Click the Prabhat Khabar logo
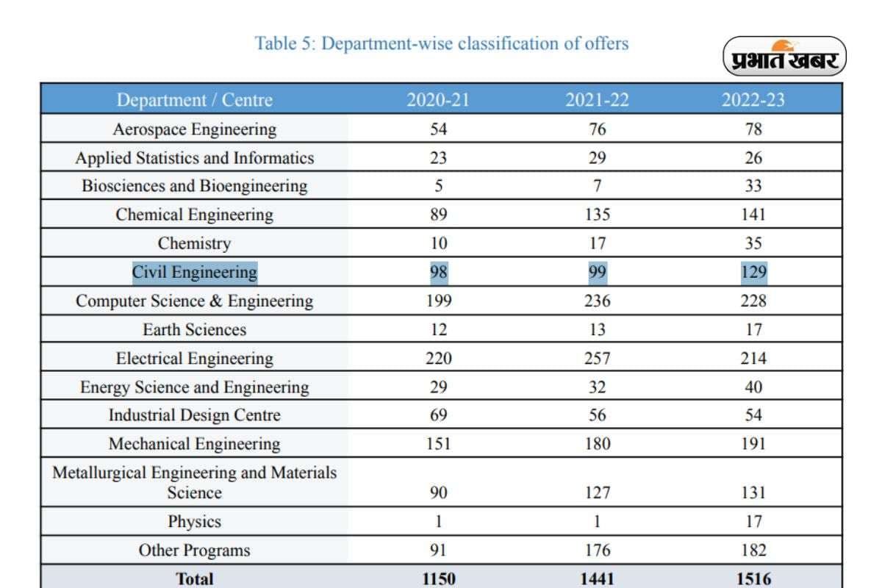pos(785,57)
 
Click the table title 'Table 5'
pos(441,43)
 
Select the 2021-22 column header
pos(597,100)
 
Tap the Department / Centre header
pos(194,100)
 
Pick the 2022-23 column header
pos(753,100)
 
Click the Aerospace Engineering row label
pos(194,129)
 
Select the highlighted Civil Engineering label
pos(194,272)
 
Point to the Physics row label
pos(194,522)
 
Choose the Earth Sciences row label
pos(194,329)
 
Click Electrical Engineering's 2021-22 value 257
pos(597,359)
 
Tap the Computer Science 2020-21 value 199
pos(438,301)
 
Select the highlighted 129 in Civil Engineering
pos(753,272)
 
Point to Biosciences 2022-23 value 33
pos(753,186)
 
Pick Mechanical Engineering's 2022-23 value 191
pos(753,444)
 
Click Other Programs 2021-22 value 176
pos(597,551)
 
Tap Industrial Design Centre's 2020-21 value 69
pos(438,415)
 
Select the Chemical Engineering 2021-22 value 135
pos(597,215)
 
